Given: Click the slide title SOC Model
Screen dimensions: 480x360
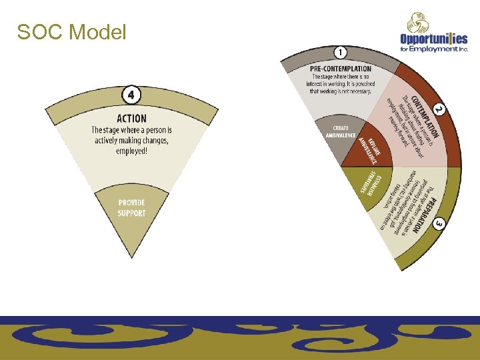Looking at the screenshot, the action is pyautogui.click(x=71, y=32).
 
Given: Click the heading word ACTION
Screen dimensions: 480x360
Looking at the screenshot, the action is pyautogui.click(x=132, y=119).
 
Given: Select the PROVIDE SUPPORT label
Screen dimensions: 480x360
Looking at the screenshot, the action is pyautogui.click(x=131, y=207).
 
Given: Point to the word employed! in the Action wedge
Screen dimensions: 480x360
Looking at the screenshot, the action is pyautogui.click(x=131, y=151).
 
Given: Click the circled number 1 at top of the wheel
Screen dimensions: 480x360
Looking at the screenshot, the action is pyautogui.click(x=341, y=52).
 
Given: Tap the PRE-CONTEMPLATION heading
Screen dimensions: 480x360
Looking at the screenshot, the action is pyautogui.click(x=341, y=69).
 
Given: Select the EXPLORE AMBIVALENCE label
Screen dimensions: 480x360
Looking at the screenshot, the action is pyautogui.click(x=369, y=150).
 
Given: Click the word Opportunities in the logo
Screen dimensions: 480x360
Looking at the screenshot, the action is pyautogui.click(x=433, y=39).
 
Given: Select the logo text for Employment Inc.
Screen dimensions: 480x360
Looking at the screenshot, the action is pyautogui.click(x=434, y=49).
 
